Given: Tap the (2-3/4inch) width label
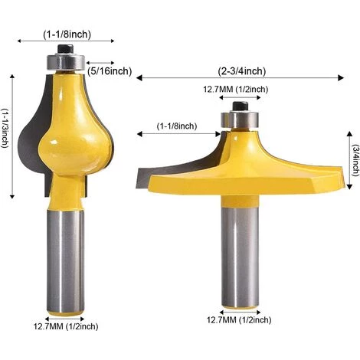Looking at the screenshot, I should (x=241, y=70).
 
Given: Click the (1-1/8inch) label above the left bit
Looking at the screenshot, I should (x=68, y=34).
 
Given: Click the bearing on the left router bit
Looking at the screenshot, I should (x=67, y=61).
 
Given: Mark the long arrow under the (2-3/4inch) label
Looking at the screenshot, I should (x=241, y=78).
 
